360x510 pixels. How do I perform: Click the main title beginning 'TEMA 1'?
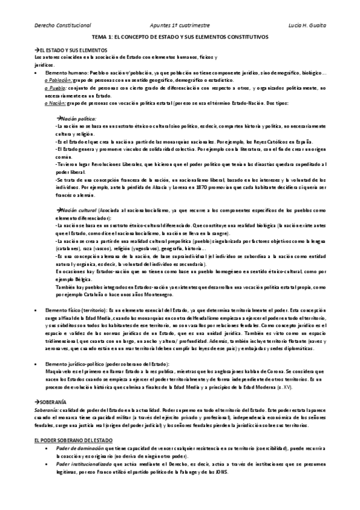[x=180, y=37]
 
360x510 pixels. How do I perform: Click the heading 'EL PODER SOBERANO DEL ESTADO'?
[x=72, y=440]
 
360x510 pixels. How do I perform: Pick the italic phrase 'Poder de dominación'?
[x=76, y=449]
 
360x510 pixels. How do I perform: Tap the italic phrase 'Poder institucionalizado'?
[x=81, y=464]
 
